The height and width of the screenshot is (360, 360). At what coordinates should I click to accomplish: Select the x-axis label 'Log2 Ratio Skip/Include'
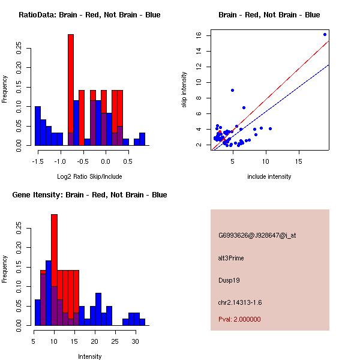(89, 176)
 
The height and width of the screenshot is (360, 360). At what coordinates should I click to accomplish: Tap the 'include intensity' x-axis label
(269, 176)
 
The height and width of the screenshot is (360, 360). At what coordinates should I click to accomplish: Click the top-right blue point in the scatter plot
(325, 34)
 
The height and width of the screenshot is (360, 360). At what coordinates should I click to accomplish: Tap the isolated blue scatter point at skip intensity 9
(232, 90)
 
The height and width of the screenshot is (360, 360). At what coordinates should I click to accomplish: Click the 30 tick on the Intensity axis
(135, 341)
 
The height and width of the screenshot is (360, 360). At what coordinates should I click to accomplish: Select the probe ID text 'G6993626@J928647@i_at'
(257, 235)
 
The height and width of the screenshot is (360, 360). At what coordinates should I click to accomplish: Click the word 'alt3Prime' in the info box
(231, 258)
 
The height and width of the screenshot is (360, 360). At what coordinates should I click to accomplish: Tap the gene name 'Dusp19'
(229, 280)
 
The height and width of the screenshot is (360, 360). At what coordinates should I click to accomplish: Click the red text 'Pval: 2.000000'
(239, 319)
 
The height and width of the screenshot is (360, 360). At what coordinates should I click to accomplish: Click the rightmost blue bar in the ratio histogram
(142, 139)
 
